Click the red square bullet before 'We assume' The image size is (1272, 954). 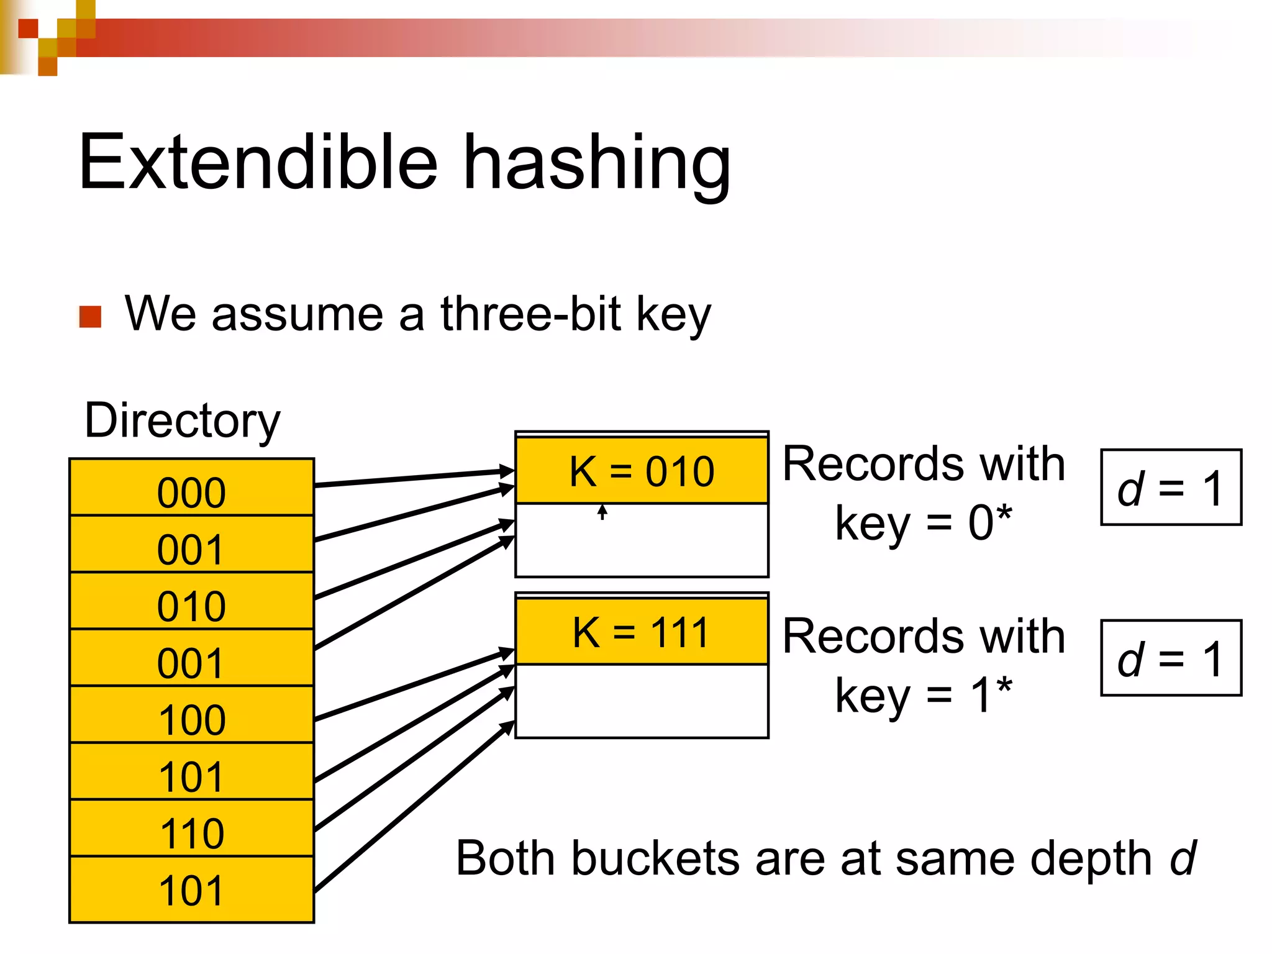click(91, 317)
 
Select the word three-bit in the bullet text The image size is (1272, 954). click(531, 314)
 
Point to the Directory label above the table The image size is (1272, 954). click(183, 420)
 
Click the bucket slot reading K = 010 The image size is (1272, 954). click(642, 471)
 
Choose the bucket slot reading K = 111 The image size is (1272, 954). click(642, 632)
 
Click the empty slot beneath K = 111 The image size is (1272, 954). click(642, 701)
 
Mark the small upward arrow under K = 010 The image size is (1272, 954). click(602, 512)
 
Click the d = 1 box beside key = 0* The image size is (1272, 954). click(1171, 488)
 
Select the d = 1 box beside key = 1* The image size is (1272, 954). click(1171, 658)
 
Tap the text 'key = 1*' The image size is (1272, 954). click(924, 695)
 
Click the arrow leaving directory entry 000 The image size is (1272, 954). click(413, 478)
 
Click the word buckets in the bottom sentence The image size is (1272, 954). click(655, 859)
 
